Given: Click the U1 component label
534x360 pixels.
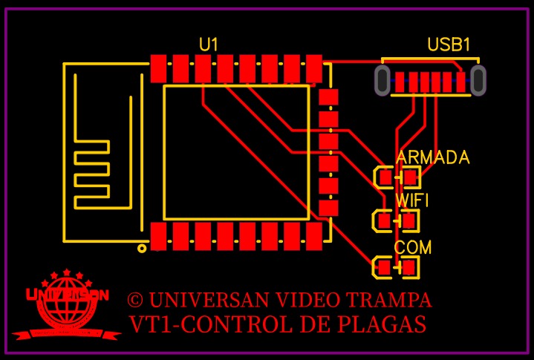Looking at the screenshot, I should [x=209, y=45].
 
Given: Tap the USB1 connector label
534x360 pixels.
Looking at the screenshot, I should [x=449, y=45].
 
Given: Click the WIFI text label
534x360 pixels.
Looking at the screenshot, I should [x=411, y=200].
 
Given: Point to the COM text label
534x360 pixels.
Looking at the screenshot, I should [x=412, y=247].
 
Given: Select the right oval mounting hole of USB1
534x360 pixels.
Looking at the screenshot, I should [x=478, y=80].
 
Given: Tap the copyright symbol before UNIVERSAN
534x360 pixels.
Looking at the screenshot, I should [x=134, y=300].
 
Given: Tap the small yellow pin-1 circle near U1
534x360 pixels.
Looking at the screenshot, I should [x=142, y=249].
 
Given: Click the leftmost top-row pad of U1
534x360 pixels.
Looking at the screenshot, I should [x=157, y=68].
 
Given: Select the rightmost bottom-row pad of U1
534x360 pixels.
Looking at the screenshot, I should [x=314, y=236].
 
